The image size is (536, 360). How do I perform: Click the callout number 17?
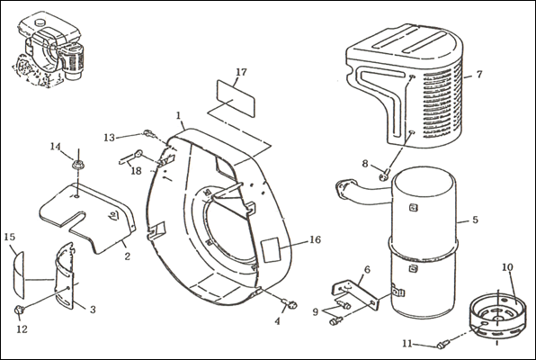[x=241, y=72]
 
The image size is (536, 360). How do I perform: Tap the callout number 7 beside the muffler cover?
[x=479, y=74]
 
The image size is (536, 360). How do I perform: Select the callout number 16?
[x=315, y=239]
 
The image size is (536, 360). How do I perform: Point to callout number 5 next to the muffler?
[x=475, y=220]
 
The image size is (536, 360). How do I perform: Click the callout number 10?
[x=507, y=267]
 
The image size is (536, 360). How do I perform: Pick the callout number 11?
[x=407, y=343]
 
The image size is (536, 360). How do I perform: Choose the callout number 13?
[x=110, y=138]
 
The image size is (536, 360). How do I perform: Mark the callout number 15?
[x=10, y=237]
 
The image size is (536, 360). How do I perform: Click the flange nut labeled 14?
[x=78, y=165]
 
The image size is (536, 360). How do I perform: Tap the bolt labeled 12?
[x=20, y=310]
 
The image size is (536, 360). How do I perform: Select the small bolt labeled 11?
[x=442, y=344]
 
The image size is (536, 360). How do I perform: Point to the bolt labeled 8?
[x=384, y=175]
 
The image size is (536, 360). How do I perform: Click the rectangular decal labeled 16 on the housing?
[x=270, y=250]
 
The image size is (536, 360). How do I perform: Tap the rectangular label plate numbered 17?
[x=237, y=99]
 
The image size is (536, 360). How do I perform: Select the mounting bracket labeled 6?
[x=355, y=295]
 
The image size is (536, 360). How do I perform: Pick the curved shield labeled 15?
[x=19, y=275]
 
